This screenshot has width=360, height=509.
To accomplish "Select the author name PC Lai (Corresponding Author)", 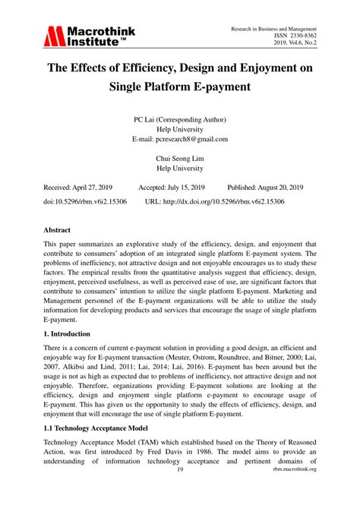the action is point(180,119).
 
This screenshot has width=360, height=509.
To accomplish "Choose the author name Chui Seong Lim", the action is point(180,159).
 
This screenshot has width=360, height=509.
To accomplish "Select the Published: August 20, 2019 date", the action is point(266,187).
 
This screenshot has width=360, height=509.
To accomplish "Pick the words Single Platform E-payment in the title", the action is point(180,87).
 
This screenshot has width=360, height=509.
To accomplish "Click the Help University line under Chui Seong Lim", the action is point(180,169).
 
